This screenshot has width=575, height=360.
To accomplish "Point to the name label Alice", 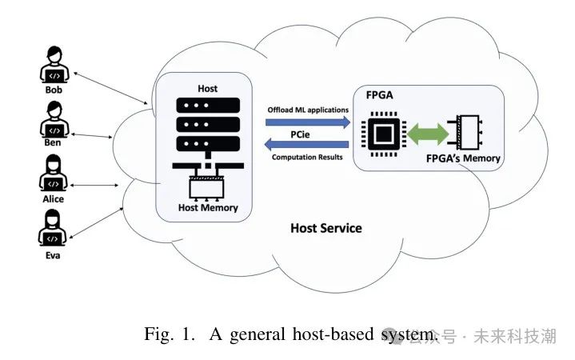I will pyautogui.click(x=54, y=198).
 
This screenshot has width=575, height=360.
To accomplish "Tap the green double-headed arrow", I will pyautogui.click(x=431, y=132).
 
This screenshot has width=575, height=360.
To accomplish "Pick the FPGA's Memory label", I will pyautogui.click(x=463, y=158).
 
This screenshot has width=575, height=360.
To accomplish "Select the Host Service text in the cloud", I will pyautogui.click(x=325, y=228).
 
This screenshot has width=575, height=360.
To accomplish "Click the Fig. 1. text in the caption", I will pyautogui.click(x=170, y=334).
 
